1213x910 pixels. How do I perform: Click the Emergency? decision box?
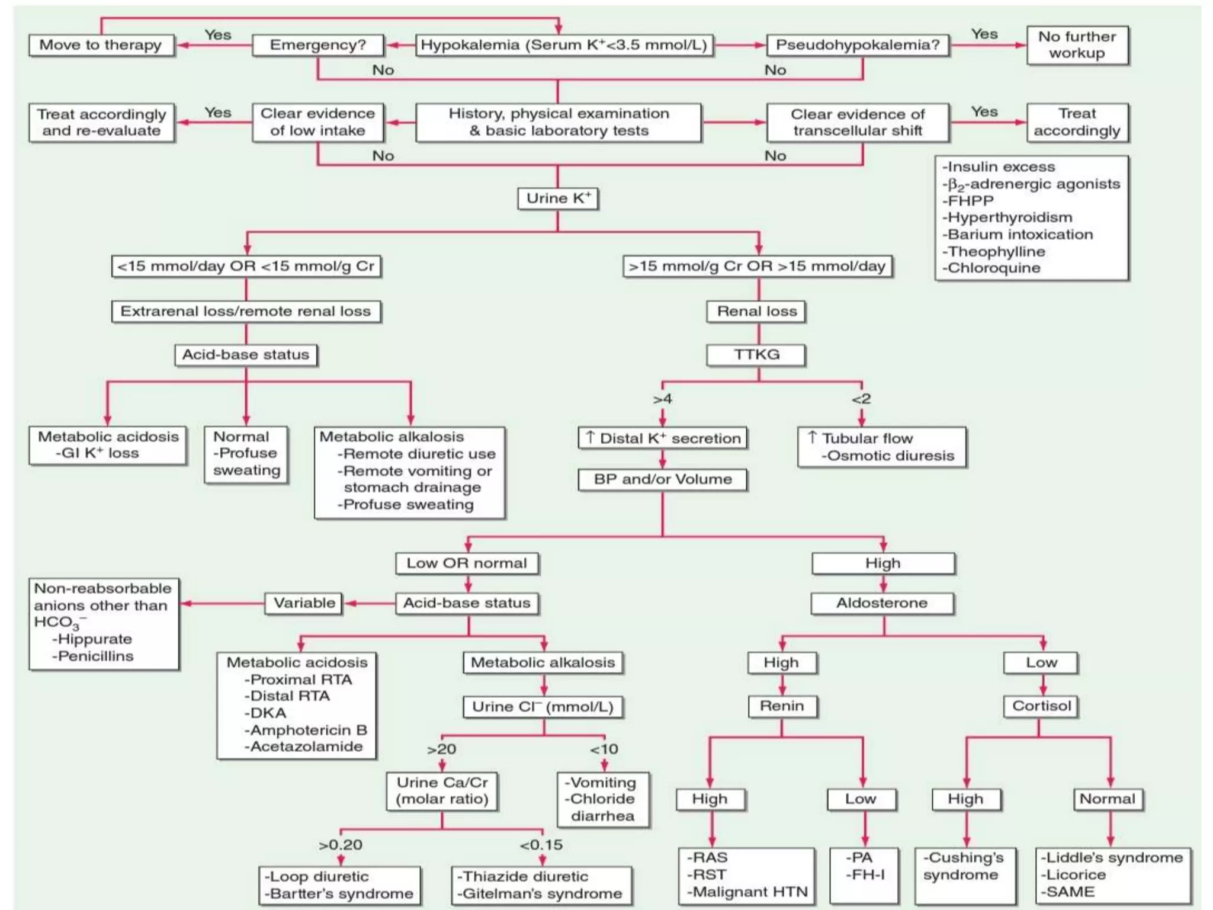tap(318, 45)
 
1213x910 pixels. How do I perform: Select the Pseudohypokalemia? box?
tap(857, 45)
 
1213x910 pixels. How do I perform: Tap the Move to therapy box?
tap(101, 45)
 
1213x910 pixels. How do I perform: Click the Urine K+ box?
tap(558, 198)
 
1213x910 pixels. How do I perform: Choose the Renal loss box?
tap(756, 311)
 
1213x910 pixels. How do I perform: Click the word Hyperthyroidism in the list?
tap(1009, 217)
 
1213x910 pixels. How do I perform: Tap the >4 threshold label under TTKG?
tap(662, 399)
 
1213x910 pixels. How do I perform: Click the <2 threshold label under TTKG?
tap(861, 399)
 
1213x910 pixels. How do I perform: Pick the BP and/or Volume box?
tap(662, 479)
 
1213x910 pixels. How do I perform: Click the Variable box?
tap(304, 603)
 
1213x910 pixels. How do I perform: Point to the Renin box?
tap(782, 706)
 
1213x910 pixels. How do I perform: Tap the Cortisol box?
tap(1041, 706)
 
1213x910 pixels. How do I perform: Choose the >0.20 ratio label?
tap(340, 845)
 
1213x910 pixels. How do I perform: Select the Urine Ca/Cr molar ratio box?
tap(442, 791)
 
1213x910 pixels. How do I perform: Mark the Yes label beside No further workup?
tap(984, 34)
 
